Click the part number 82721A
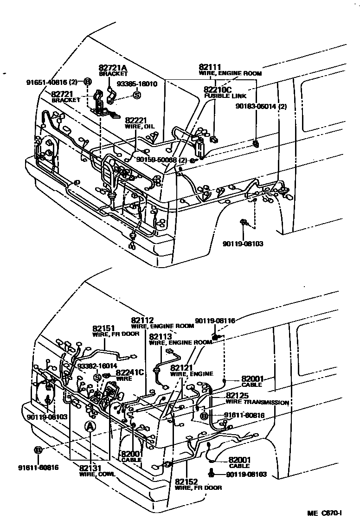click(x=112, y=68)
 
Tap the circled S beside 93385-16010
click(x=137, y=95)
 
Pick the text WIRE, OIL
click(x=139, y=126)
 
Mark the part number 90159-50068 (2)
click(x=161, y=160)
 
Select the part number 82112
click(x=142, y=320)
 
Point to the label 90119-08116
click(x=215, y=321)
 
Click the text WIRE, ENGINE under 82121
click(x=192, y=374)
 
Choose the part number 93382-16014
click(x=97, y=366)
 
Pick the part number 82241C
click(x=130, y=372)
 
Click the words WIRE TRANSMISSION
click(x=257, y=402)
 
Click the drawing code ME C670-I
click(x=324, y=513)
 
